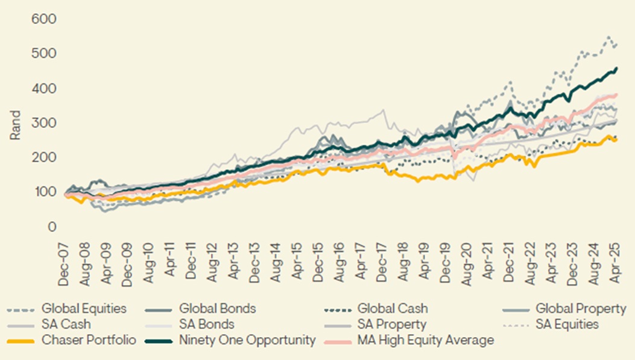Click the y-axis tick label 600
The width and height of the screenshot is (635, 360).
point(44,19)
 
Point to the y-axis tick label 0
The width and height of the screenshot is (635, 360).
point(52,227)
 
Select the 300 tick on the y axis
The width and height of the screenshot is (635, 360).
point(44,124)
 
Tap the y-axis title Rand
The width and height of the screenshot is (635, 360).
point(15,124)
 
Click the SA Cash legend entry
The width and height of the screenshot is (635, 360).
point(66,325)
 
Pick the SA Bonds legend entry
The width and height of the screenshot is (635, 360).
point(206,325)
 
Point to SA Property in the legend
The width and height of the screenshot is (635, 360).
point(392,325)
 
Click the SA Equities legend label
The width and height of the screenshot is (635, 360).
point(567,325)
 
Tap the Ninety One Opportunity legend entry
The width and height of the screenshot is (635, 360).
point(247,341)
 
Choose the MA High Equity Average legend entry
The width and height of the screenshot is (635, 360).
point(426,341)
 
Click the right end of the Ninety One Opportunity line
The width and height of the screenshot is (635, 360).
point(616,69)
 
